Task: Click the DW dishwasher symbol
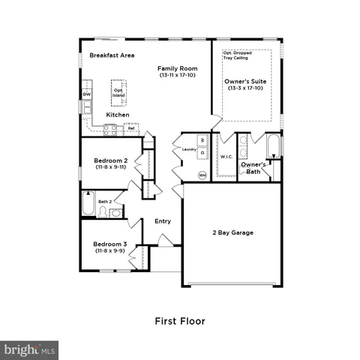coord(87,95)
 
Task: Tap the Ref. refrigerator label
coord(132,128)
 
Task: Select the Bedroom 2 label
coord(109,163)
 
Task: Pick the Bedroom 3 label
coord(109,247)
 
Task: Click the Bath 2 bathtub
coord(88,203)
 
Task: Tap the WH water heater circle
coord(202,175)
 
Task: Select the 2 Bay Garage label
coord(232,232)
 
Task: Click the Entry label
coord(163,221)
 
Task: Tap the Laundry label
coord(189,150)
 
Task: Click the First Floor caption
coord(179,321)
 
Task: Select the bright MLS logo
coord(30,349)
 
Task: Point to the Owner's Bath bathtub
coord(274,149)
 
